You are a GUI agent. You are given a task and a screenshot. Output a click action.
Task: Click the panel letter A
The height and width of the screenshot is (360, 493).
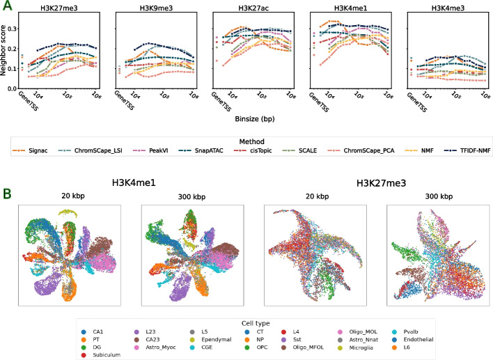[6, 6]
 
